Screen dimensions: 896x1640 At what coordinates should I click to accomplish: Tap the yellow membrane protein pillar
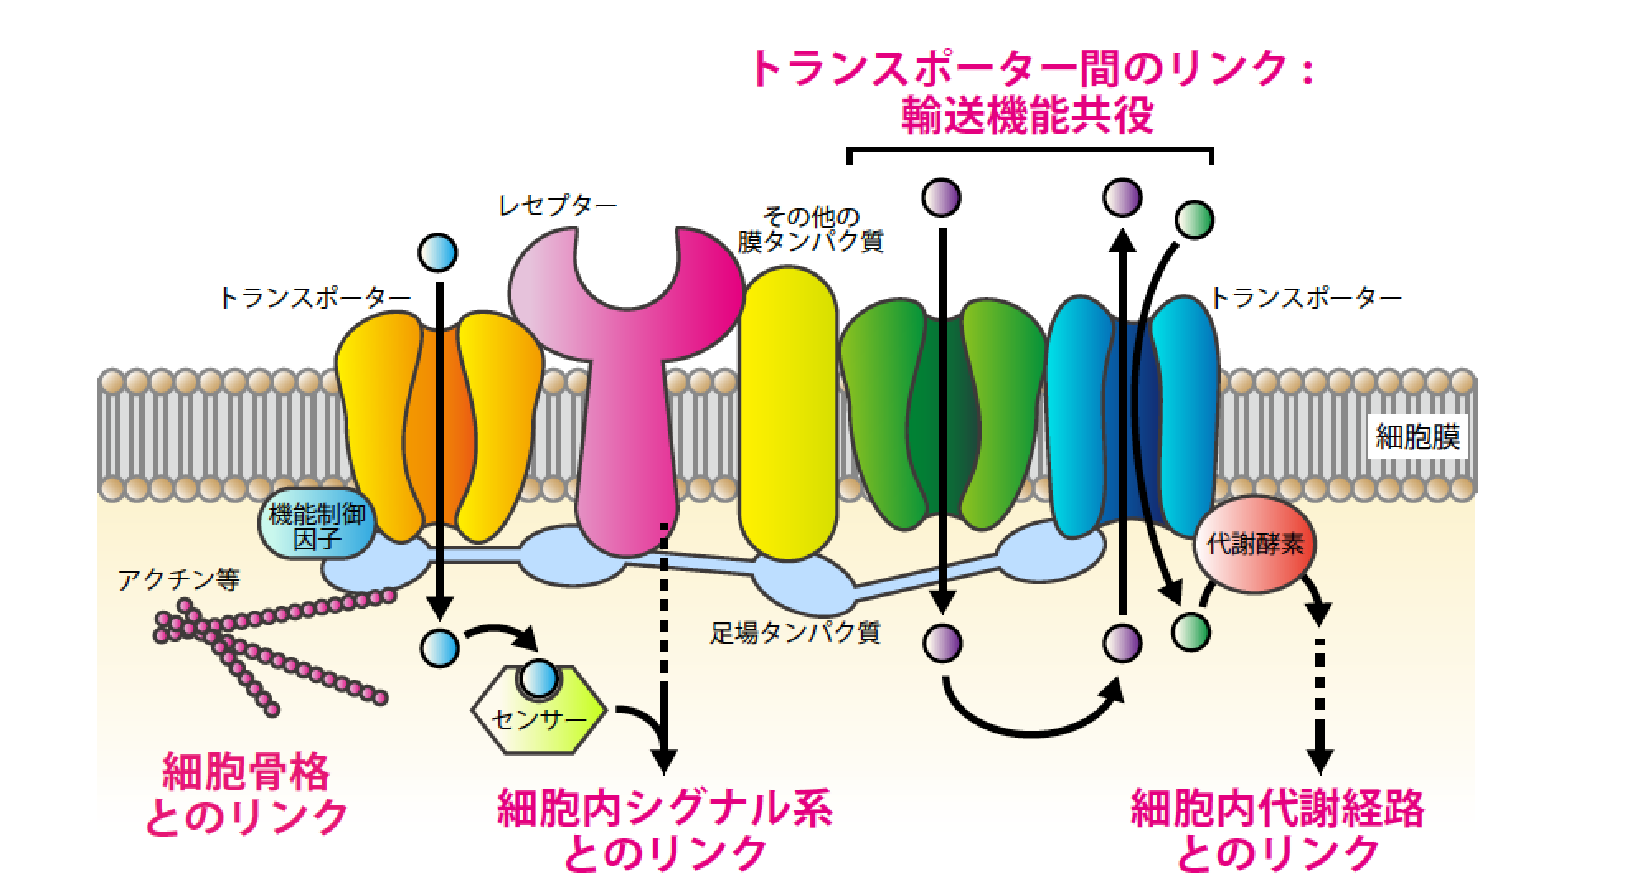pyautogui.click(x=787, y=413)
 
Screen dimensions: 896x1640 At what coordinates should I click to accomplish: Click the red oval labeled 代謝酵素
pyautogui.click(x=1255, y=544)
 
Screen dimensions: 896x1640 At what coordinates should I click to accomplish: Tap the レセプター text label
pyautogui.click(x=558, y=205)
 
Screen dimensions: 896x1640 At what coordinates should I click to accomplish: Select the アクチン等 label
pyautogui.click(x=179, y=581)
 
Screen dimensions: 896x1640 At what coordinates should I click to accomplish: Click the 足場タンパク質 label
pyautogui.click(x=795, y=633)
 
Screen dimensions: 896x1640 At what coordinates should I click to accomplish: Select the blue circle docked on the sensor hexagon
pyautogui.click(x=540, y=678)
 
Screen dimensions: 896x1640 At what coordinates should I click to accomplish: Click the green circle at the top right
pyautogui.click(x=1195, y=219)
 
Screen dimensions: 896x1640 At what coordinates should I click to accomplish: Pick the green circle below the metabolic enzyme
pyautogui.click(x=1191, y=632)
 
